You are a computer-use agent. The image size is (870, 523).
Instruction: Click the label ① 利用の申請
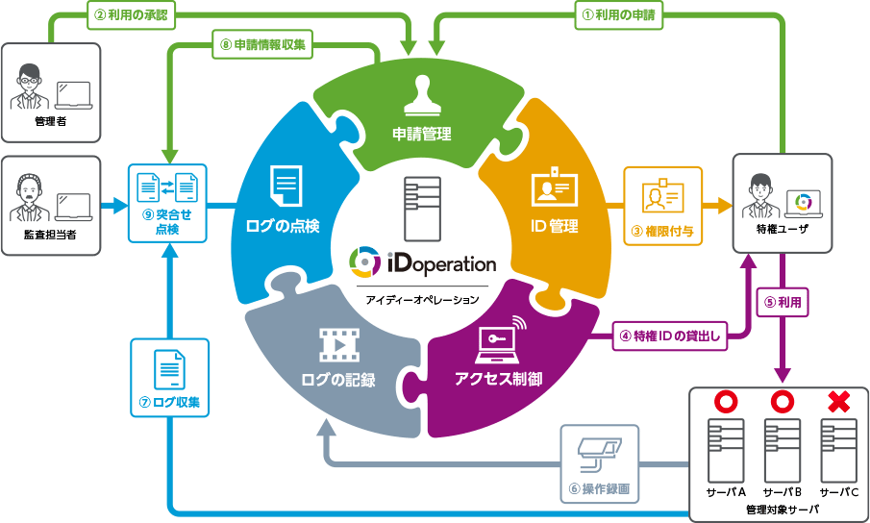(x=619, y=15)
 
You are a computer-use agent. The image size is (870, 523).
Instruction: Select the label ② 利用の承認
(x=131, y=15)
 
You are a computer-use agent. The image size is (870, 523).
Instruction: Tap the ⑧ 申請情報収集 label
(x=262, y=44)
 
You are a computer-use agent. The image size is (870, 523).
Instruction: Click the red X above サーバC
(x=838, y=402)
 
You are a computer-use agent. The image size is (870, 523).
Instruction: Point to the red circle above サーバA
(x=725, y=402)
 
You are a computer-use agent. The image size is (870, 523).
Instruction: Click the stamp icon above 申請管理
(x=421, y=96)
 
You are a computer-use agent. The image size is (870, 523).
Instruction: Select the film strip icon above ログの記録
(x=339, y=345)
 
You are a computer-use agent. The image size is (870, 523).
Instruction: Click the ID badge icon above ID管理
(x=555, y=186)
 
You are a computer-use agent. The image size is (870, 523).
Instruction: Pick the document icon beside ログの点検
(x=286, y=186)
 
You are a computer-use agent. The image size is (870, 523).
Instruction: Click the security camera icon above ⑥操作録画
(x=599, y=453)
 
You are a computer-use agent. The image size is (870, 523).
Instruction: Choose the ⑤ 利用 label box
(x=783, y=302)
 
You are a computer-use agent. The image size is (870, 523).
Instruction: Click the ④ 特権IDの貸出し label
(x=670, y=336)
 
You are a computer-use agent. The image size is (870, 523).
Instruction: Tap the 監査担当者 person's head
(x=29, y=189)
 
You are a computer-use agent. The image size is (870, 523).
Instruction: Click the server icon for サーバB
(x=782, y=450)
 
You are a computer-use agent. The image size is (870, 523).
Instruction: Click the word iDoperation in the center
(x=441, y=263)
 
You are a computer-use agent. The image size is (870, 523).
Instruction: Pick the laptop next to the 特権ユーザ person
(x=804, y=204)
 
